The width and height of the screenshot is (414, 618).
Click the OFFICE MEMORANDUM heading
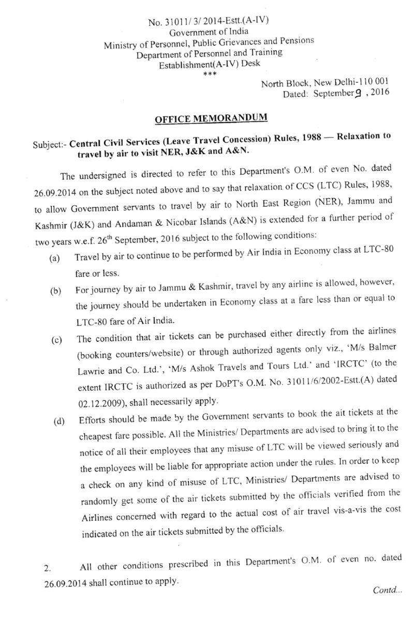[211, 118]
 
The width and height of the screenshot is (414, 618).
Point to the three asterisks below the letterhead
[209, 74]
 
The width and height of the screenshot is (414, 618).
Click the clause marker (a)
[54, 257]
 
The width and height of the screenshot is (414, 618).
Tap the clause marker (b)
[55, 291]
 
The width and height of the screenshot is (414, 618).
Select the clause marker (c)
[55, 341]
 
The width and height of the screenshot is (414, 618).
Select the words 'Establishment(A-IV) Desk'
[210, 64]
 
